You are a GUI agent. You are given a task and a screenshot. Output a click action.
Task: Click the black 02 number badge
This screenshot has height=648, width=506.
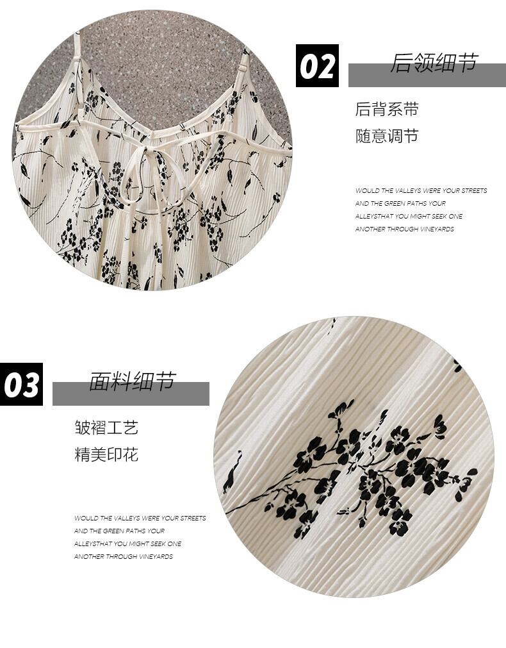point(317,66)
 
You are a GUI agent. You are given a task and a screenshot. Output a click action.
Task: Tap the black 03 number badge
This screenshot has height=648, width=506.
point(21,384)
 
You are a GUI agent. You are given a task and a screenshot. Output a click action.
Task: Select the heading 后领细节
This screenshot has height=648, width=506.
point(434,63)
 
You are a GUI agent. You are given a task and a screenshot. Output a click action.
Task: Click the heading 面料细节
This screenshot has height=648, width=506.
point(133,381)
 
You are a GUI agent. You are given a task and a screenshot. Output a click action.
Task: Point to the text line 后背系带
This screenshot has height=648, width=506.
point(387,109)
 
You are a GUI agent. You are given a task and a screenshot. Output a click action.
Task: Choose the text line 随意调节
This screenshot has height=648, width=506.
point(387,136)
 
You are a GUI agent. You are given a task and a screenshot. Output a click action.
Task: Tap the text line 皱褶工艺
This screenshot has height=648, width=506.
point(106,428)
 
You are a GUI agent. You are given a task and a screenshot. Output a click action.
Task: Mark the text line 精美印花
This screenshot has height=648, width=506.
point(106,454)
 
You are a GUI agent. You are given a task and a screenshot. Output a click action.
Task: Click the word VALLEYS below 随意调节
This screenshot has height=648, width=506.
point(408,190)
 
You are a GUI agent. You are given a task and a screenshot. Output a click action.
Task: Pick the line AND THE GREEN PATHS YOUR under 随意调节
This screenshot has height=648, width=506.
point(400,203)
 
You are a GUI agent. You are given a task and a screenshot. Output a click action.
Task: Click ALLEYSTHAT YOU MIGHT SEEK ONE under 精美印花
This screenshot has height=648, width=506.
point(127,544)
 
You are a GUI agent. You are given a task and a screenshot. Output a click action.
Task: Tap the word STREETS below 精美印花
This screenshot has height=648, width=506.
point(193,518)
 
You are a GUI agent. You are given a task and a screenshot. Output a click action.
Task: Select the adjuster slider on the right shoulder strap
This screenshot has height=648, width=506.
point(244,66)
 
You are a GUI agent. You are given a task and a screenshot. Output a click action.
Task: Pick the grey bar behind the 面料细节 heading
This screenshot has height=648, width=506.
point(131,394)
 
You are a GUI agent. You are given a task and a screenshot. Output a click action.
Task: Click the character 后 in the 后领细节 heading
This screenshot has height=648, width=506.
point(401,63)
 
